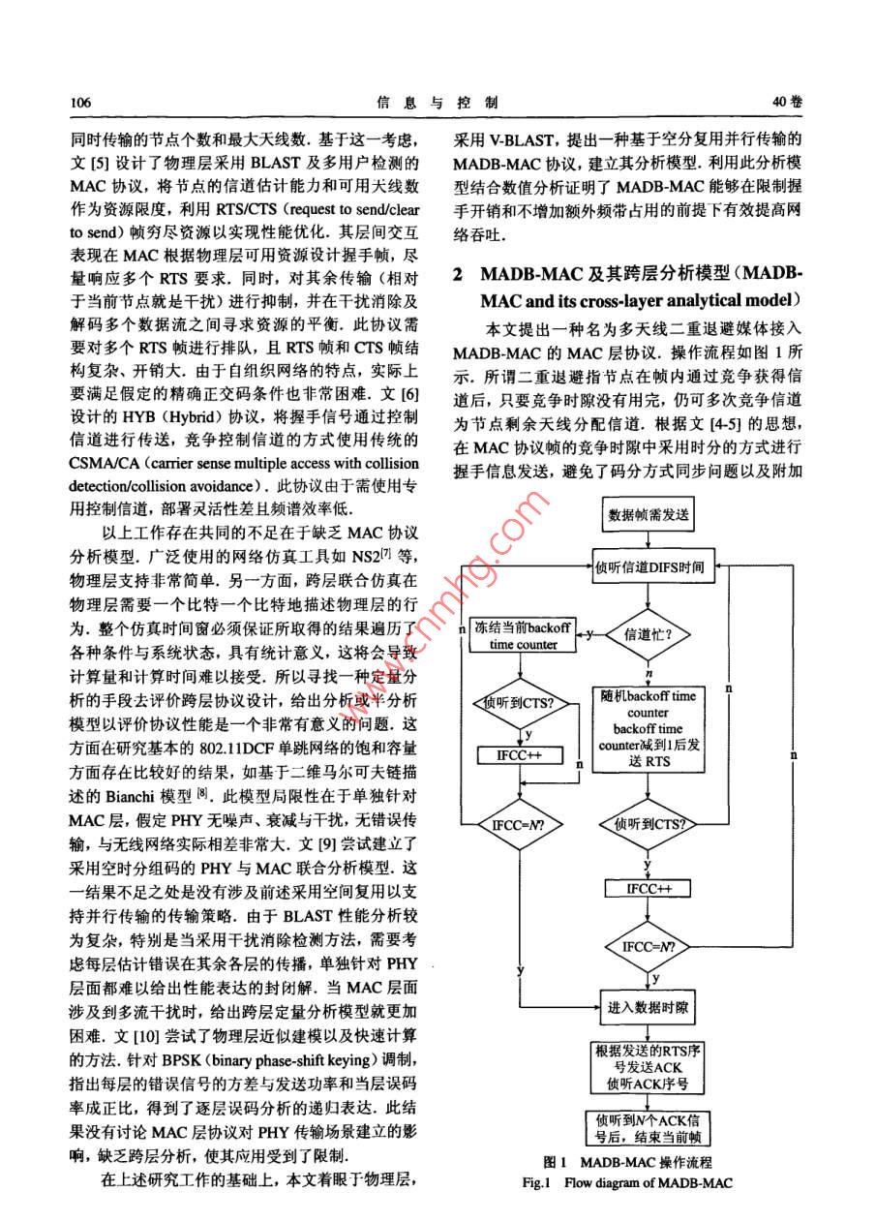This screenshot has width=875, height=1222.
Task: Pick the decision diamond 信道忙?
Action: tap(649, 634)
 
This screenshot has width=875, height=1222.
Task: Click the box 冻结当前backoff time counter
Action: tap(523, 635)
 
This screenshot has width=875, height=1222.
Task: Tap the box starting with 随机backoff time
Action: tap(648, 728)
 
